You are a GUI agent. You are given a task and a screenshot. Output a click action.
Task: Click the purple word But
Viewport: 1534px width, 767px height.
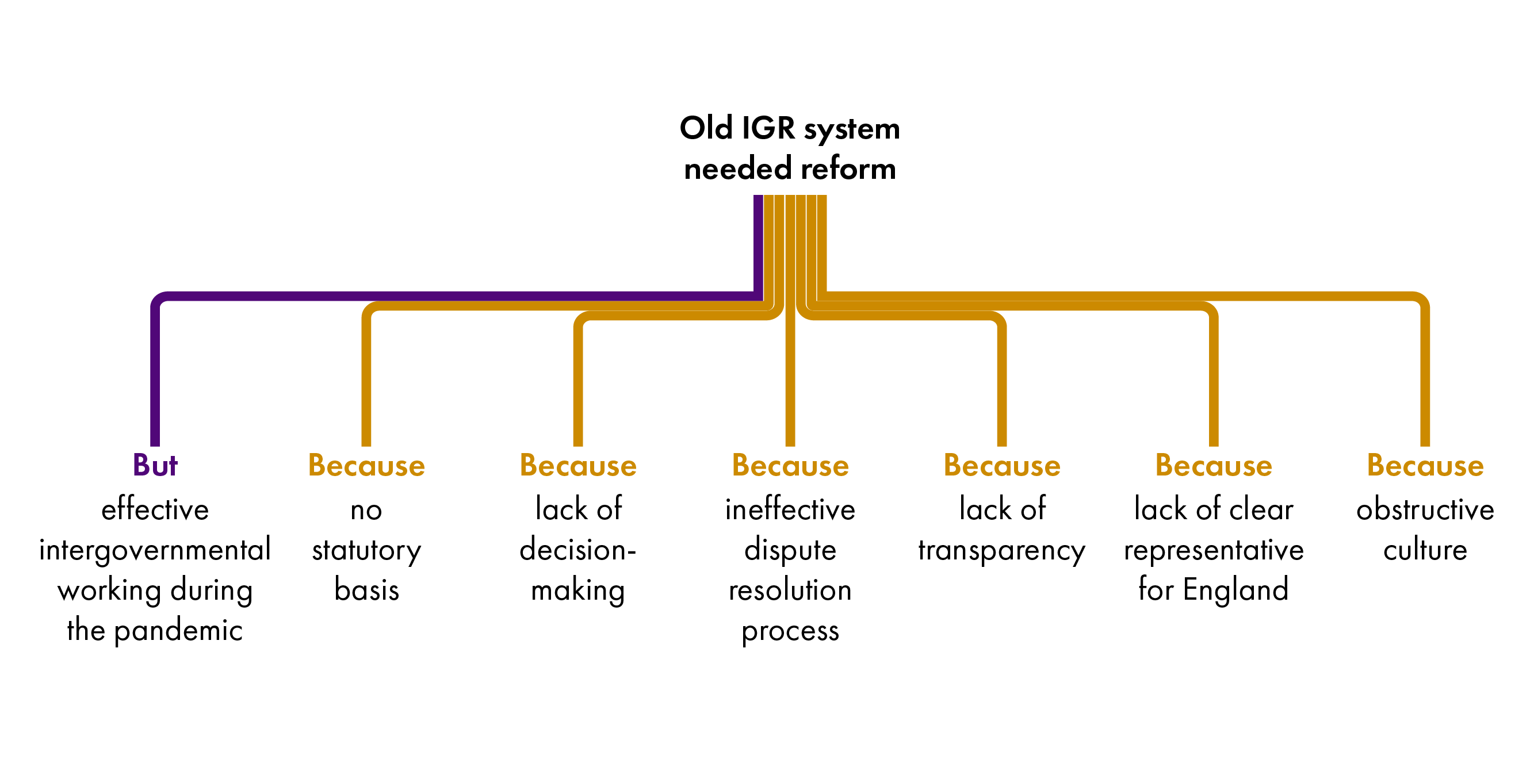(x=155, y=465)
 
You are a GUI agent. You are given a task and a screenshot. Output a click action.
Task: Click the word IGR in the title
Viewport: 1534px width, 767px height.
(x=768, y=128)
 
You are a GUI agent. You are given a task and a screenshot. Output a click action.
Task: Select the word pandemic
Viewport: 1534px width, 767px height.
(x=178, y=631)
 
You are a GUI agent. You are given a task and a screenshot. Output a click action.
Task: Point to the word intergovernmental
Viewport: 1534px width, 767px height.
(x=155, y=550)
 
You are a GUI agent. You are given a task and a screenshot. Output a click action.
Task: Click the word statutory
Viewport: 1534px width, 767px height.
(x=366, y=550)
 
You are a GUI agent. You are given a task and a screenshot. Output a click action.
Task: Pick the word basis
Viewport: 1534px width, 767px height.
(x=366, y=590)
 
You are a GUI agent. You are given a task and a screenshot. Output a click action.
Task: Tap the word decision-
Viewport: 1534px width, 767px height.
(x=577, y=550)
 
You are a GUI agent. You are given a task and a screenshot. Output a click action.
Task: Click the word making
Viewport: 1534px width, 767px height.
(x=577, y=590)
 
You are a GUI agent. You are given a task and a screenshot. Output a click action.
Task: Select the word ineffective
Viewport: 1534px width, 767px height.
(x=790, y=510)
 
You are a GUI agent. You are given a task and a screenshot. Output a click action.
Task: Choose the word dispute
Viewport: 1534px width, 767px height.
(x=790, y=550)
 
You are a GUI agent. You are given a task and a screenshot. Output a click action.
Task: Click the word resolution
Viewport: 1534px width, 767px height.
(x=790, y=590)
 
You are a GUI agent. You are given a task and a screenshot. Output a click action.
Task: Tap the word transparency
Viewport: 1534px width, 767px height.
(x=1001, y=550)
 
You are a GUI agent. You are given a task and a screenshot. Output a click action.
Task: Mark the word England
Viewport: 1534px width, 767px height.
(x=1235, y=590)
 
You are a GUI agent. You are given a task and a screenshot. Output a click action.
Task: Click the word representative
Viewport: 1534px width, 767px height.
(x=1214, y=550)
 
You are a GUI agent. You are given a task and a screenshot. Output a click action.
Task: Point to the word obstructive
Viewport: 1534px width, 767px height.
(x=1425, y=510)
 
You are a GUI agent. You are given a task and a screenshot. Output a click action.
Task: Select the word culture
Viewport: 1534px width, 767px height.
(x=1425, y=550)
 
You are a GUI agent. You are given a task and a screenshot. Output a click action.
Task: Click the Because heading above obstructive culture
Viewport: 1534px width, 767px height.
(x=1425, y=465)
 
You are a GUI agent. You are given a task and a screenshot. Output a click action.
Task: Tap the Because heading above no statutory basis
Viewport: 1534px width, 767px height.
(x=366, y=465)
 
